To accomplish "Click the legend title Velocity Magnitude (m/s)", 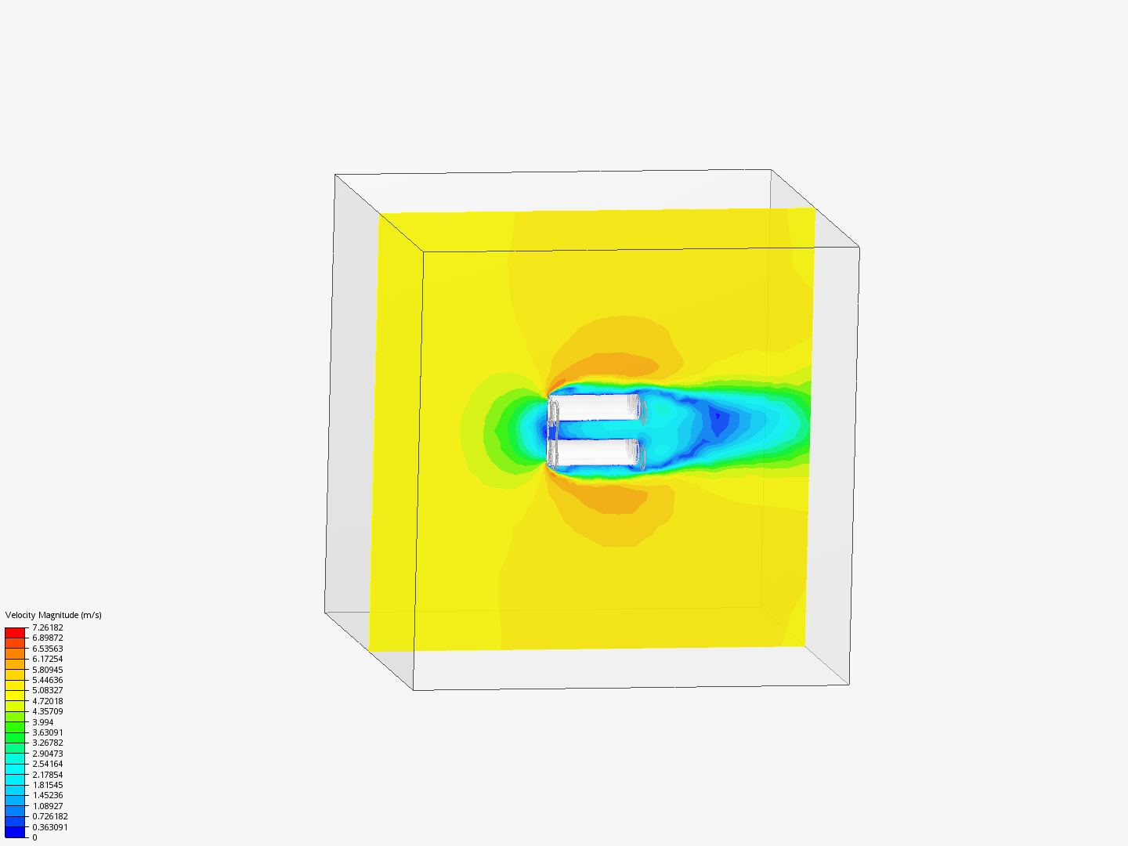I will pyautogui.click(x=53, y=615).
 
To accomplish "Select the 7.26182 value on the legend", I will pyautogui.click(x=48, y=627).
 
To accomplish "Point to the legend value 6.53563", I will pyautogui.click(x=48, y=649).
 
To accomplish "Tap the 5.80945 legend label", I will pyautogui.click(x=48, y=670).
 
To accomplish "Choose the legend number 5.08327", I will pyautogui.click(x=48, y=690).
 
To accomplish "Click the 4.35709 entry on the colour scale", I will pyautogui.click(x=48, y=711).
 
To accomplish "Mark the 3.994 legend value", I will pyautogui.click(x=43, y=722).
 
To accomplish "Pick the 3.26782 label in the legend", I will pyautogui.click(x=48, y=743).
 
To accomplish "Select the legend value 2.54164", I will pyautogui.click(x=48, y=764).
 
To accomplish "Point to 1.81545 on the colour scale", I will pyautogui.click(x=48, y=785).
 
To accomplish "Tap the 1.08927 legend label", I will pyautogui.click(x=48, y=806).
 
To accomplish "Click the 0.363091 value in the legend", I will pyautogui.click(x=50, y=827).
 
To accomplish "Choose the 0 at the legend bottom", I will pyautogui.click(x=34, y=837).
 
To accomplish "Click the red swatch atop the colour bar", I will pyautogui.click(x=15, y=632).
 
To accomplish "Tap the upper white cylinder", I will pyautogui.click(x=593, y=407).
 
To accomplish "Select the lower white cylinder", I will pyautogui.click(x=593, y=451).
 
